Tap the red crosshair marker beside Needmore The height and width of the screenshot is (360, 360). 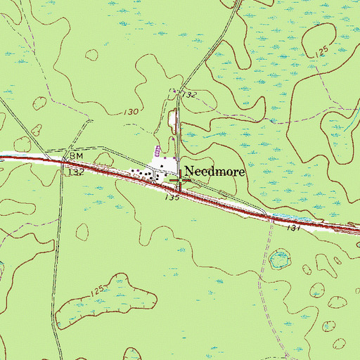point(180,181)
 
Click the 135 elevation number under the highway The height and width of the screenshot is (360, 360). point(172,199)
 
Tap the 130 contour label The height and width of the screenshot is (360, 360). point(131,112)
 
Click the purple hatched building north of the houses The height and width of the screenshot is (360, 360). point(157,150)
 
